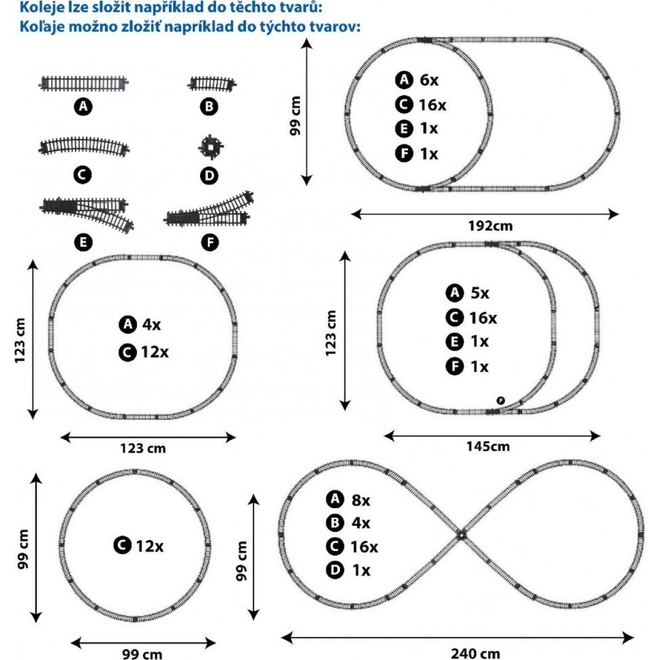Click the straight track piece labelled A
pos(83,83)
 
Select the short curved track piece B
pos(212,84)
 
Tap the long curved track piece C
pos(84,147)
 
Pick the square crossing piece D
pos(211,147)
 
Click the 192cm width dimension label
pos(490,226)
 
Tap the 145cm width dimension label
pos(488,446)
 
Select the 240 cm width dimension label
pos(475,653)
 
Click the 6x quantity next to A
pos(429,80)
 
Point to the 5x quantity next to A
pos(480,293)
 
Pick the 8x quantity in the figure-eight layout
pos(361,501)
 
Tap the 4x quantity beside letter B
pos(361,523)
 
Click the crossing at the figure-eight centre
pos(461,534)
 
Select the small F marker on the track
pos(501,400)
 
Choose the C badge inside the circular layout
pos(122,546)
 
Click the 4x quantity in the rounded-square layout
pos(151,324)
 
